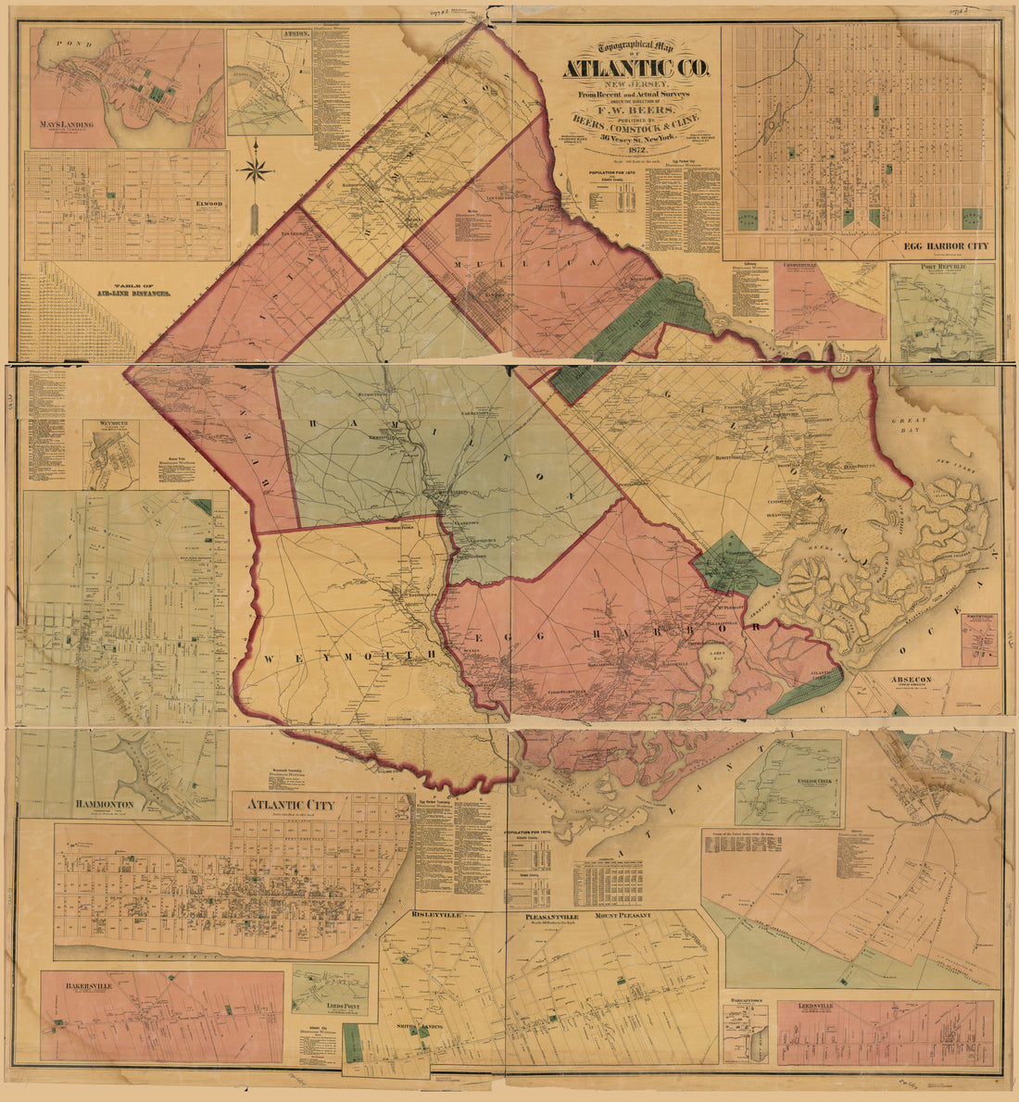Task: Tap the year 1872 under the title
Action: [x=635, y=149]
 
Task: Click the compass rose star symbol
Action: [x=255, y=170]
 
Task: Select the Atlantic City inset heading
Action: [x=289, y=805]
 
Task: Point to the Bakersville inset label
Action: [x=89, y=986]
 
